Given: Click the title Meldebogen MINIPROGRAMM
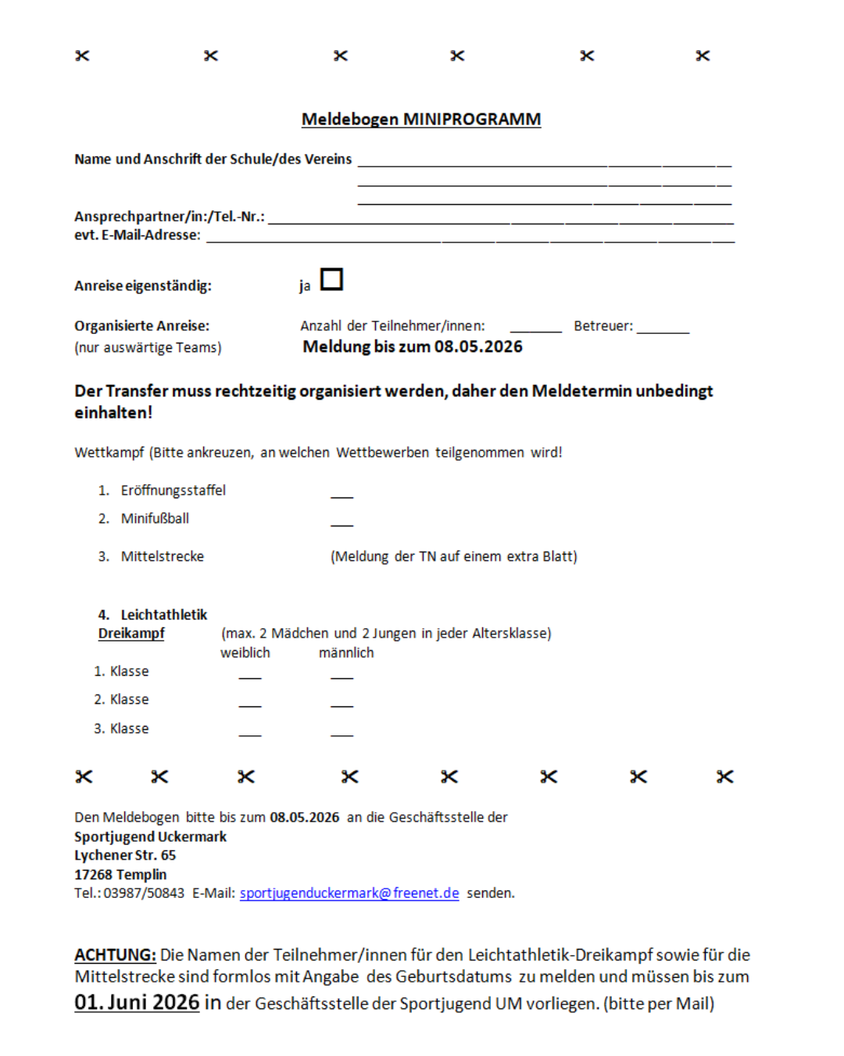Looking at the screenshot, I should click(x=420, y=119).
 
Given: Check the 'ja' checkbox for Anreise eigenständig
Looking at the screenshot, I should click(x=331, y=279).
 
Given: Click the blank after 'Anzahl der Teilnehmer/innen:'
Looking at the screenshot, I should click(x=535, y=328).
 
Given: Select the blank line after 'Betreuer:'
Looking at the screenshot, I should click(x=663, y=328).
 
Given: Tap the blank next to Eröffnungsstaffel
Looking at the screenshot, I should click(x=342, y=493).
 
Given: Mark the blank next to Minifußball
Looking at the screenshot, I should click(x=342, y=521).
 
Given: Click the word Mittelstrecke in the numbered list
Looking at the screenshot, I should click(x=162, y=556).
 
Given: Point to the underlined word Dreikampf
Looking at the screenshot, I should click(x=131, y=634).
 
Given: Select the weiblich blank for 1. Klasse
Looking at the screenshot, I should click(x=250, y=674).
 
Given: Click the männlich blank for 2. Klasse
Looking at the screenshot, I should click(x=342, y=702).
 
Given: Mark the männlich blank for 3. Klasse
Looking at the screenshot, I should click(x=342, y=731).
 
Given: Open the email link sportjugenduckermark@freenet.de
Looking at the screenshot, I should click(x=349, y=893).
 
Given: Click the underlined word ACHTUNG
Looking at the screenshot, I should click(x=115, y=954).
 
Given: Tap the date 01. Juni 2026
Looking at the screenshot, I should click(x=137, y=1002).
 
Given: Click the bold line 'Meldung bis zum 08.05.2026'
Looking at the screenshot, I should click(x=413, y=347).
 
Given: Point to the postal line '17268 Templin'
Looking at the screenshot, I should click(x=120, y=875).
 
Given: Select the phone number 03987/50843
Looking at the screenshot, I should click(x=144, y=893).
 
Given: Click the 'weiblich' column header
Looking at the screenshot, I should click(x=245, y=652).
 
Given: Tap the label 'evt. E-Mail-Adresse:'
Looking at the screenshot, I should click(x=137, y=235).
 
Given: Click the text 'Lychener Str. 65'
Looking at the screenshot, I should click(x=125, y=855).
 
